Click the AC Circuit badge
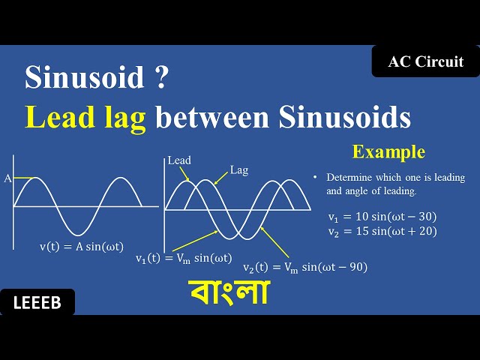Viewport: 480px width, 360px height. coord(425,61)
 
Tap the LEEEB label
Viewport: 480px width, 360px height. coord(37,302)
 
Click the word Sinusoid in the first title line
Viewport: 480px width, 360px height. coord(82,77)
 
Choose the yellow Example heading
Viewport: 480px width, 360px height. coord(388,152)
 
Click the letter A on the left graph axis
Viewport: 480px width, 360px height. coord(7,178)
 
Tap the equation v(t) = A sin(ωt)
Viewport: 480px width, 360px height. coord(82,246)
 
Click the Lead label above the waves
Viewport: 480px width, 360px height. coord(179,160)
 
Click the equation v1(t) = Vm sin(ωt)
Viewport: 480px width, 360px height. coord(184,258)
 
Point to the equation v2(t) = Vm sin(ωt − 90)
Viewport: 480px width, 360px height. coord(304,267)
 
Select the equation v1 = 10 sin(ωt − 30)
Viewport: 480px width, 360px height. coord(382,217)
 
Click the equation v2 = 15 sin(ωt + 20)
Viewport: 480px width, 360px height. coord(382,231)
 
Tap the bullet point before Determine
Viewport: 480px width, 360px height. coord(316,178)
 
